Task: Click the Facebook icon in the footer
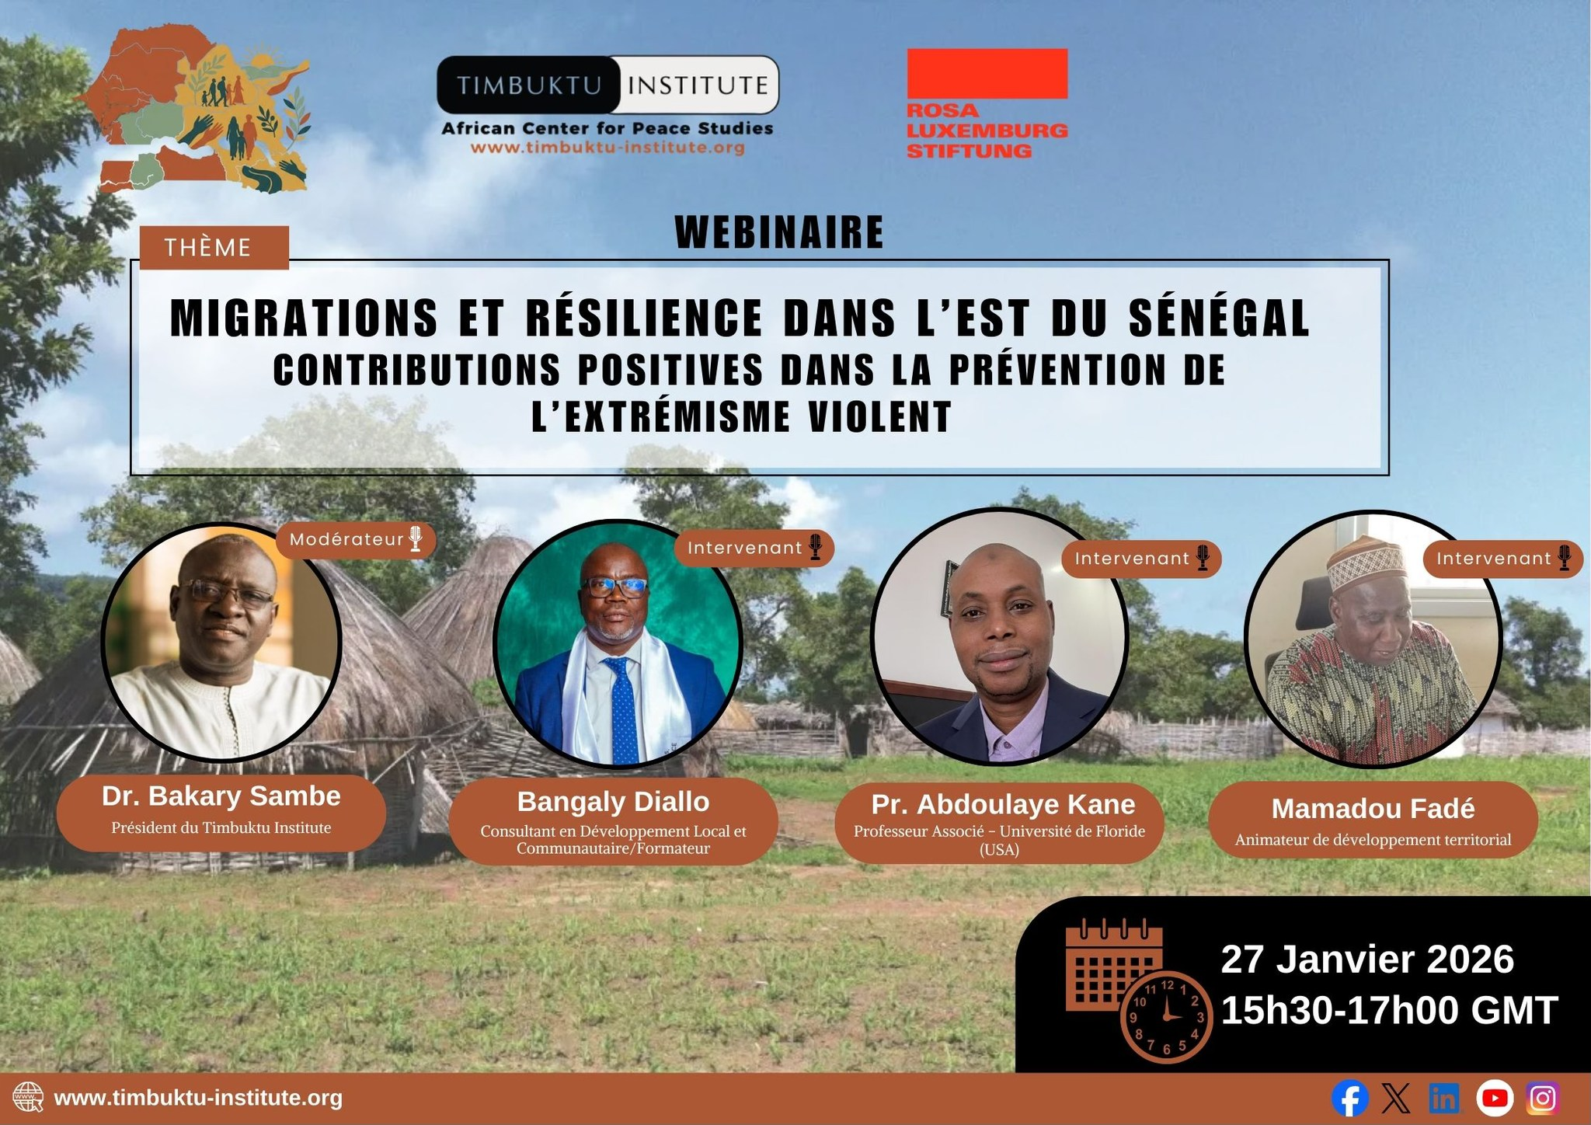click(x=1349, y=1099)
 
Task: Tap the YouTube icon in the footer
click(x=1495, y=1099)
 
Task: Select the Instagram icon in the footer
click(x=1543, y=1099)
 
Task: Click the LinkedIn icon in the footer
click(x=1444, y=1099)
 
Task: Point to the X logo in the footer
click(x=1396, y=1099)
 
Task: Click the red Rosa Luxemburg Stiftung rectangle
click(x=987, y=73)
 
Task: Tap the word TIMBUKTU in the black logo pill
click(x=529, y=85)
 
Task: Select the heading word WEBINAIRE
click(x=779, y=232)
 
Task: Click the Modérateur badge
click(x=356, y=539)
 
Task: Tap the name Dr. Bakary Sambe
click(x=221, y=796)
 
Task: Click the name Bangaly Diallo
click(x=614, y=802)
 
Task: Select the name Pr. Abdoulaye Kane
click(x=1003, y=804)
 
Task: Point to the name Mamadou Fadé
click(x=1373, y=809)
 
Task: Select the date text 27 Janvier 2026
click(x=1367, y=960)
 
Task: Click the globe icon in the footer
click(x=29, y=1099)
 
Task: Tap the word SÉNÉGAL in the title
click(x=1220, y=318)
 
